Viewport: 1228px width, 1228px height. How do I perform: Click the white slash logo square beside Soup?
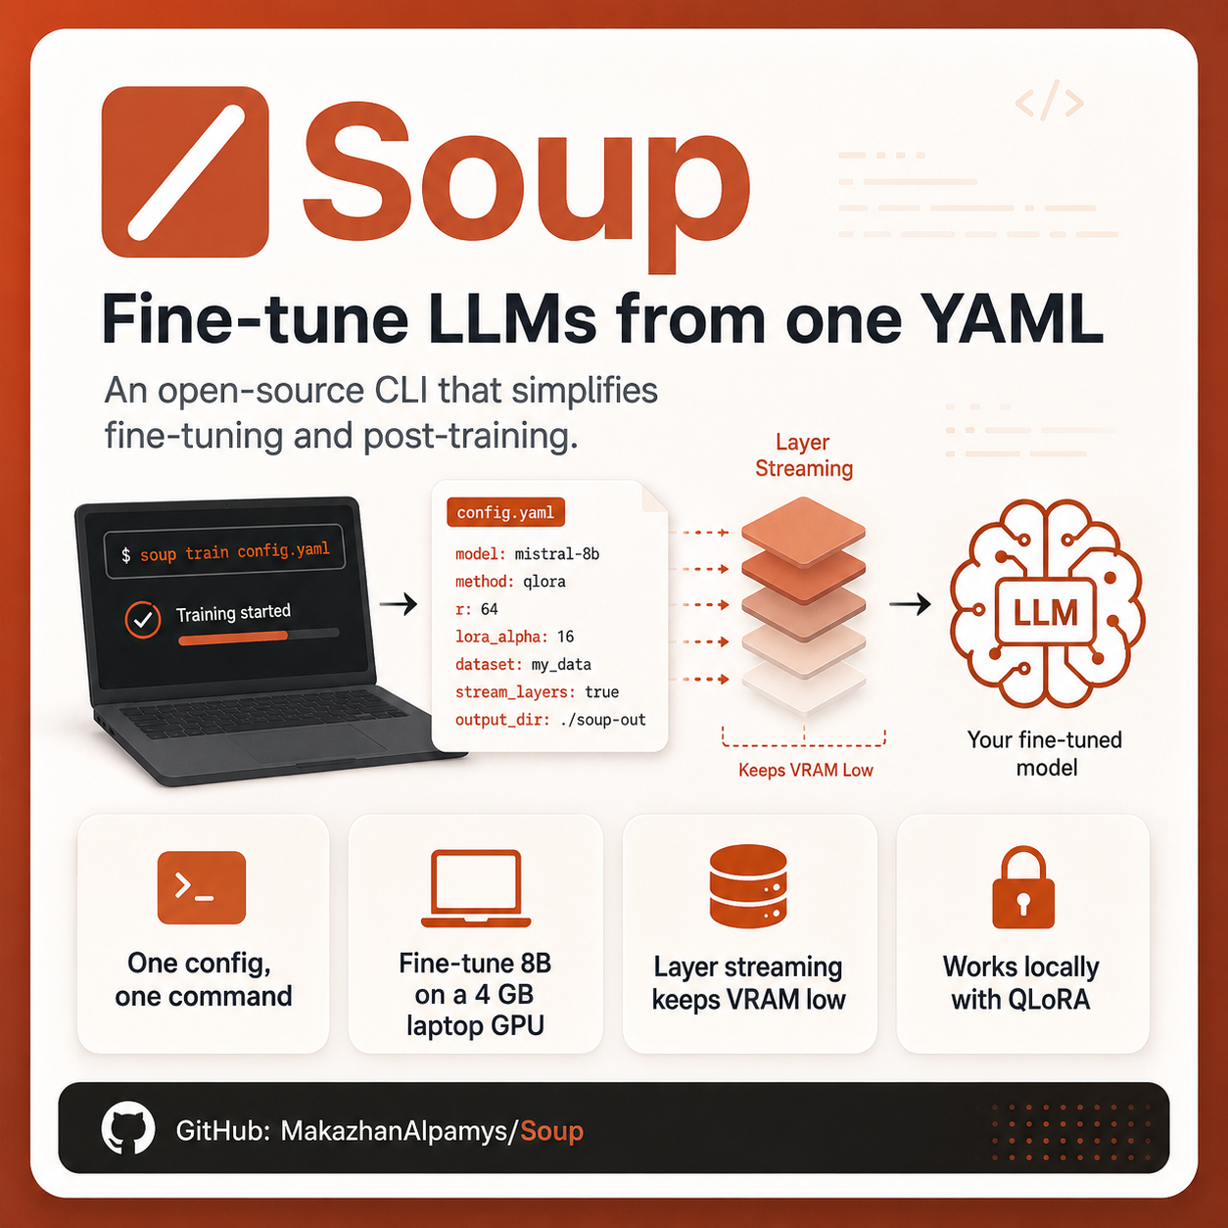185,172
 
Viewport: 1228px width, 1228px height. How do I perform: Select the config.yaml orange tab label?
505,512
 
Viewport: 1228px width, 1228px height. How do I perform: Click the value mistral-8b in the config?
557,554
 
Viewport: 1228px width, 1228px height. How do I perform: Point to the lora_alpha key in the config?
501,637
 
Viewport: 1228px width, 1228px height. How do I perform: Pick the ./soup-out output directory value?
603,720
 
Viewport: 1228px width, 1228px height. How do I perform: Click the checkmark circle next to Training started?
143,620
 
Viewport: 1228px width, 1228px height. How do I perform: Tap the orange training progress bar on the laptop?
233,638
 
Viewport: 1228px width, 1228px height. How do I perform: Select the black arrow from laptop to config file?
399,603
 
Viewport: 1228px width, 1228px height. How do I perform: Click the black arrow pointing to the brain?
910,603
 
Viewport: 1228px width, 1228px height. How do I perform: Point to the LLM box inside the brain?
1046,612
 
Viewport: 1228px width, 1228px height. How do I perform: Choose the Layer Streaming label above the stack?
804,455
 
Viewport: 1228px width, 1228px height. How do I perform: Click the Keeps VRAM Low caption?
806,770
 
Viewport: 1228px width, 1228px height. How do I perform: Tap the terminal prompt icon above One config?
202,887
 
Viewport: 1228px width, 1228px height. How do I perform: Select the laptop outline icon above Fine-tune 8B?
476,887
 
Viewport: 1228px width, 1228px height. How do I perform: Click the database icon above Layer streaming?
748,886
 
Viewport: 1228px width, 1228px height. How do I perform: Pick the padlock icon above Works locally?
1023,887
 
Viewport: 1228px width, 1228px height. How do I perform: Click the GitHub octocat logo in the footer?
128,1127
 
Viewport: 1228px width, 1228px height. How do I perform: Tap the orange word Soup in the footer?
552,1131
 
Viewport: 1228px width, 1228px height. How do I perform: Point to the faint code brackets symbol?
1049,101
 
